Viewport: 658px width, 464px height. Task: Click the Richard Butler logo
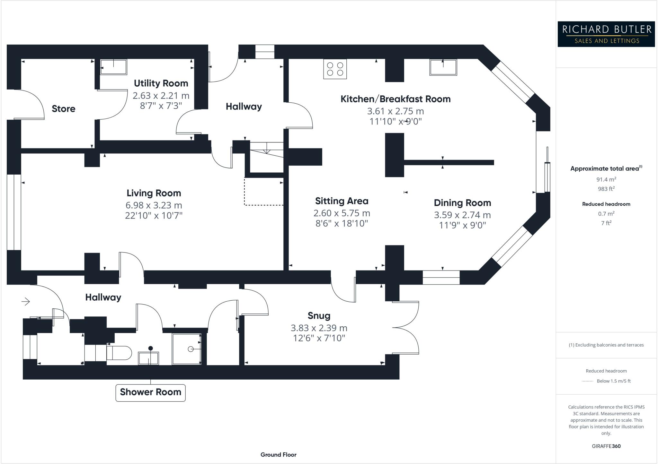point(606,34)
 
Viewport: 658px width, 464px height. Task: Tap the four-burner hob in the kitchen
point(335,69)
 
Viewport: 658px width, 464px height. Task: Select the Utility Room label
point(161,83)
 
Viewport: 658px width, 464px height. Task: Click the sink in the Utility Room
point(113,67)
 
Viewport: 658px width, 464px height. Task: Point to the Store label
point(64,109)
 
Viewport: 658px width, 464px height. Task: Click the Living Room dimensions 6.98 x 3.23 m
point(154,205)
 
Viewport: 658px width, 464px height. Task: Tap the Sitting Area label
point(342,201)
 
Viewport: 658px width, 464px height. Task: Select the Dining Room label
point(462,203)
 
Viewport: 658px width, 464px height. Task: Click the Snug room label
point(319,316)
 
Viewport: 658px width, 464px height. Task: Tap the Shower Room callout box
point(150,392)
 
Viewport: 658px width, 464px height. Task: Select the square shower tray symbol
point(187,349)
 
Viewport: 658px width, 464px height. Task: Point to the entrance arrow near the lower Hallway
point(26,301)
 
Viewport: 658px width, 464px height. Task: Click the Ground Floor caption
point(278,455)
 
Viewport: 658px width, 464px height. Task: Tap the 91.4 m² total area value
point(606,179)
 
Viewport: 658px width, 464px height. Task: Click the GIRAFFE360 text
point(606,446)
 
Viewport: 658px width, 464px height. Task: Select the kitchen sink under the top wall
point(443,67)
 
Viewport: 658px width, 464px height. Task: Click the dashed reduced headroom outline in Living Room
point(263,205)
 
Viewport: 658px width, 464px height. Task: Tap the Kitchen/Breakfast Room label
point(395,99)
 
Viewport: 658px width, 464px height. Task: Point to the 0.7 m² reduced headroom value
point(606,213)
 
